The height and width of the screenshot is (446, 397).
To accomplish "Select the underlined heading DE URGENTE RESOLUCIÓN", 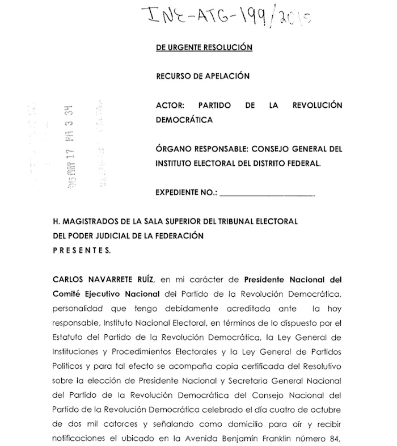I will pyautogui.click(x=204, y=48).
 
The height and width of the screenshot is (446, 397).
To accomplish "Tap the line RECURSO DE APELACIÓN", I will pyautogui.click(x=202, y=77).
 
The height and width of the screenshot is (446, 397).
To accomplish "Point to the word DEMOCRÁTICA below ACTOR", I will pyautogui.click(x=185, y=120).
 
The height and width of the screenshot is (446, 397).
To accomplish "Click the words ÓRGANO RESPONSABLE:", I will pyautogui.click(x=198, y=149).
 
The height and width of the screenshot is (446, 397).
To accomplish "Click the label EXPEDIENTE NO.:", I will pyautogui.click(x=185, y=193).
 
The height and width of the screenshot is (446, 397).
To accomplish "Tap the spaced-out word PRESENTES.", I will pyautogui.click(x=82, y=250).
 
